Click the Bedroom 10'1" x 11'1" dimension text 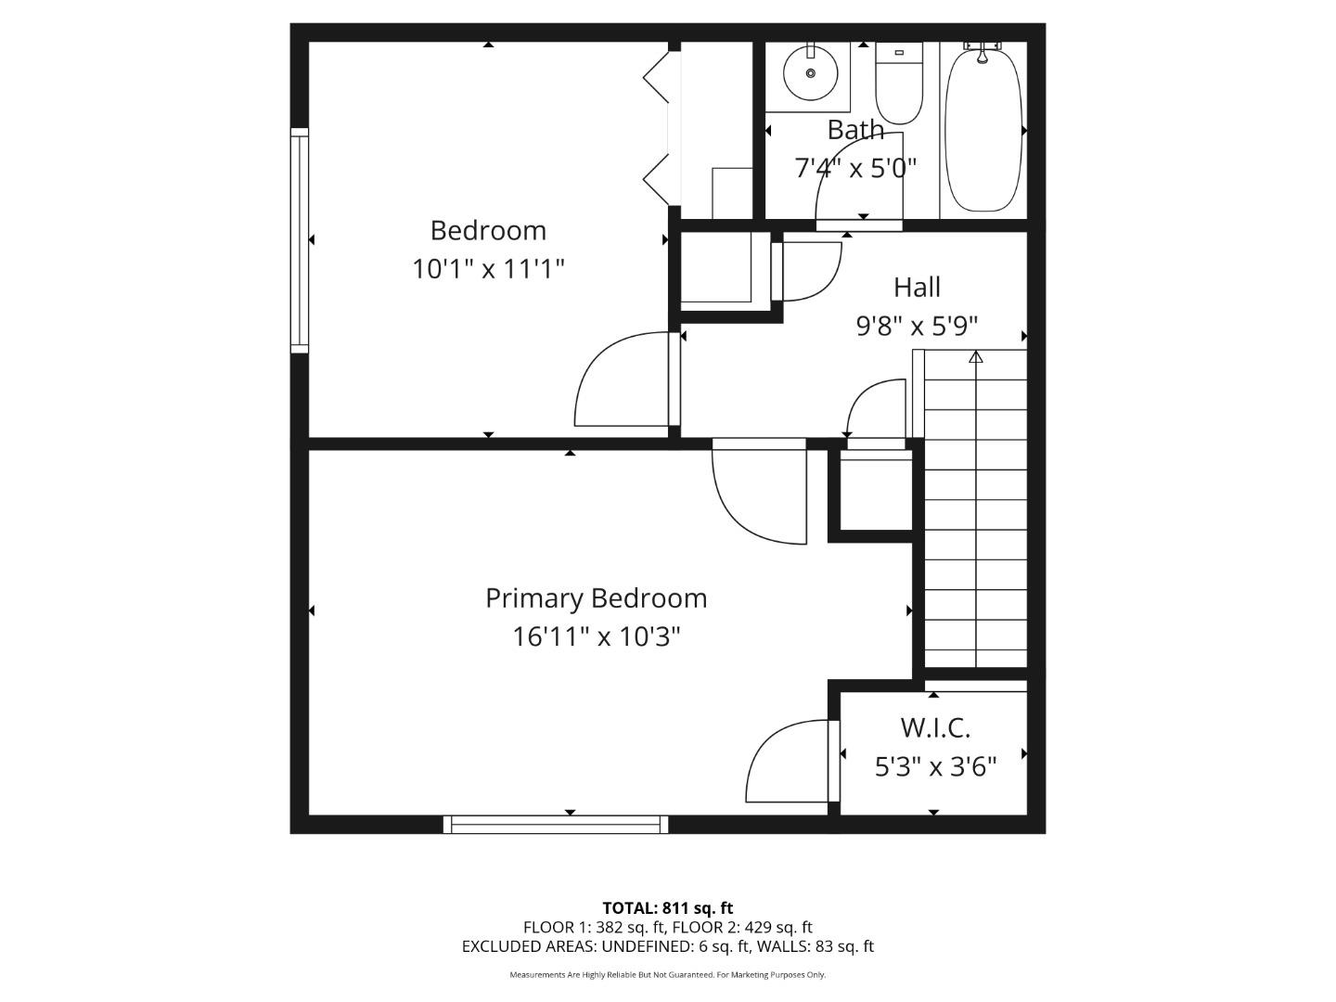(x=488, y=269)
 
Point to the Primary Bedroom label (x=596, y=598)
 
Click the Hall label (x=917, y=288)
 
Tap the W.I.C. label (x=934, y=728)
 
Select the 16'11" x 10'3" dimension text (x=596, y=637)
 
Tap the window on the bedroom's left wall (x=299, y=240)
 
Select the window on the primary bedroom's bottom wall (x=556, y=824)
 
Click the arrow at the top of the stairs (x=975, y=357)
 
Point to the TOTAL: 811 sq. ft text (x=667, y=908)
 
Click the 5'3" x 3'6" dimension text (x=935, y=767)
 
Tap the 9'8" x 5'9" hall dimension (x=917, y=327)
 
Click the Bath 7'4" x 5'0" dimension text (x=855, y=168)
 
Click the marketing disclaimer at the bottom (x=667, y=975)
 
